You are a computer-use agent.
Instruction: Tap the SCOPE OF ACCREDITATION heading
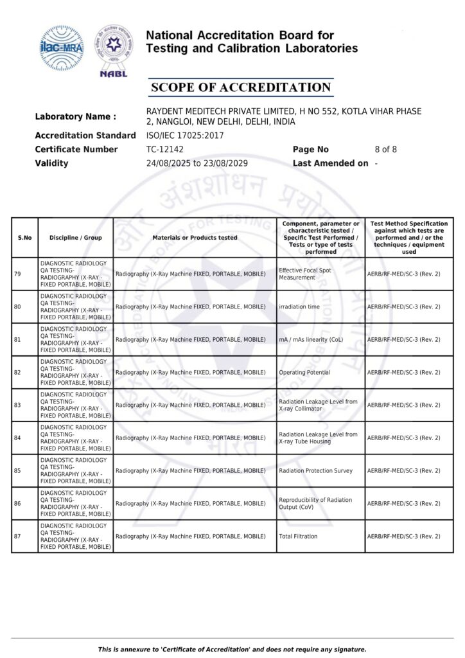click(240, 87)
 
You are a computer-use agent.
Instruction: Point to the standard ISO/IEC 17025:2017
click(185, 135)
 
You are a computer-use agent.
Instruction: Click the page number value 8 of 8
click(385, 149)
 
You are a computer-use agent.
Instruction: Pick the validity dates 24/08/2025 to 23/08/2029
click(197, 163)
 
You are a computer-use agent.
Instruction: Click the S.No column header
click(24, 238)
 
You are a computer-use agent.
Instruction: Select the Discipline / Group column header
click(75, 238)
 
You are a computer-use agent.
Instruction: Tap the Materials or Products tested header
click(195, 238)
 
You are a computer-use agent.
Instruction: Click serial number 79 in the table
click(17, 274)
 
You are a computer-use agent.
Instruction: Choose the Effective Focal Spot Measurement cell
click(305, 274)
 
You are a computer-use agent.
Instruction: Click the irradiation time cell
click(299, 307)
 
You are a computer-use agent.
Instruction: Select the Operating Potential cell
click(304, 372)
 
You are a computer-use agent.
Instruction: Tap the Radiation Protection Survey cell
click(315, 470)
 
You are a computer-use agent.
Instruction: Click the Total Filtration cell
click(298, 536)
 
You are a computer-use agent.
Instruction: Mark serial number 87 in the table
click(17, 536)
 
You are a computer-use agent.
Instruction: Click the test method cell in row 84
click(403, 438)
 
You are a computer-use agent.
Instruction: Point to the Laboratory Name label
click(75, 117)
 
